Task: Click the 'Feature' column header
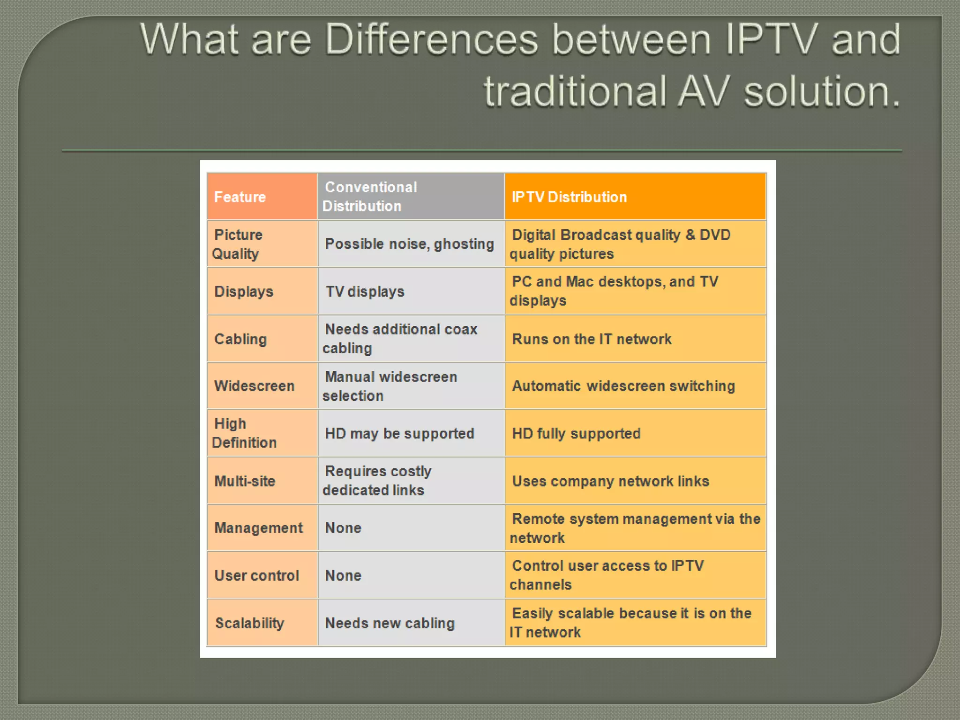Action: click(x=240, y=197)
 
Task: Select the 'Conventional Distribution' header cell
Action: click(x=370, y=196)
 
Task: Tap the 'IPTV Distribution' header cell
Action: click(x=569, y=197)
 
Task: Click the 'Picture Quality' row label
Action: click(x=237, y=244)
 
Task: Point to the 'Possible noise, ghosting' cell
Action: click(x=409, y=244)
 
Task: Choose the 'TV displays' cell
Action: click(x=365, y=292)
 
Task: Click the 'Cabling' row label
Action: click(x=240, y=339)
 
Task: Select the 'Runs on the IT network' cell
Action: click(x=592, y=339)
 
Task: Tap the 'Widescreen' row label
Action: click(x=255, y=386)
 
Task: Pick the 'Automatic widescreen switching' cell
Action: click(x=623, y=386)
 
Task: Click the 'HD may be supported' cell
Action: click(x=399, y=434)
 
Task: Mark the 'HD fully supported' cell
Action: click(x=576, y=434)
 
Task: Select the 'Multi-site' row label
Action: click(x=245, y=481)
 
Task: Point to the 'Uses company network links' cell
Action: click(x=610, y=481)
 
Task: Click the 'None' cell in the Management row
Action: click(x=343, y=528)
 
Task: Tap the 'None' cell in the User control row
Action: click(x=343, y=576)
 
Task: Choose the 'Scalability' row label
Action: click(x=249, y=623)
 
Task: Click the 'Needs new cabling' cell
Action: click(x=390, y=623)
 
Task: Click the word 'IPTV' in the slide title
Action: click(x=771, y=39)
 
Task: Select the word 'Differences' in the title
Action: click(x=431, y=39)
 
